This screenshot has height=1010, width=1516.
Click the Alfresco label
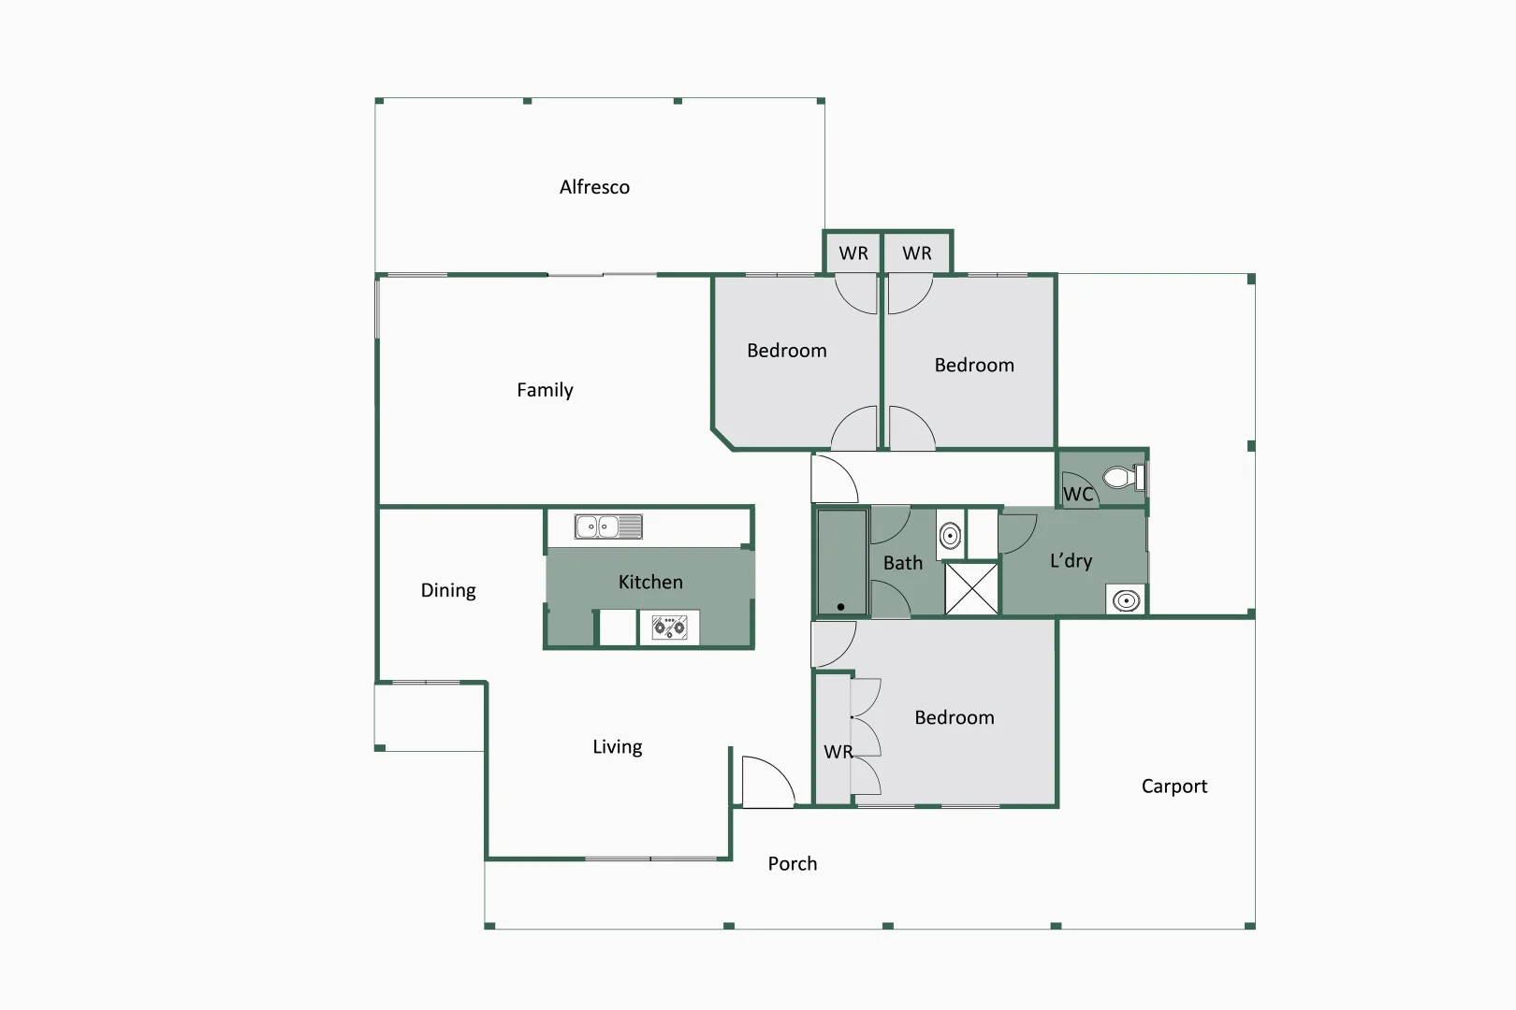tap(594, 187)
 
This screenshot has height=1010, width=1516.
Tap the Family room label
tap(545, 390)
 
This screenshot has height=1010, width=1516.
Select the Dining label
tap(448, 590)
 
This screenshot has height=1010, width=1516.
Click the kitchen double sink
tap(608, 527)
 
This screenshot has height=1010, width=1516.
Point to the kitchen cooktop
tap(669, 627)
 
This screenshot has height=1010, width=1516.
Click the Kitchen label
tap(650, 582)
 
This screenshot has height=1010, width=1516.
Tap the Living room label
tap(617, 746)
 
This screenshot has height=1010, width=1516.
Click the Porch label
tap(792, 863)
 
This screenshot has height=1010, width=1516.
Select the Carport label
tap(1173, 786)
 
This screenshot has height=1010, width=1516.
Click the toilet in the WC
tap(1120, 478)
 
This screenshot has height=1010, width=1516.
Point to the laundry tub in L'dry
tap(1127, 600)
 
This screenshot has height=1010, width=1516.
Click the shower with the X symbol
tap(971, 588)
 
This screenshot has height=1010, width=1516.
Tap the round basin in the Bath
tap(950, 536)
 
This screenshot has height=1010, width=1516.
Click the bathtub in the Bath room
tap(841, 562)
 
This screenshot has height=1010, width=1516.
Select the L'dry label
tap(1071, 561)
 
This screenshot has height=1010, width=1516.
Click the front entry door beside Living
tap(766, 783)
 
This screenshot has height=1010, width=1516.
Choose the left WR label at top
tap(853, 253)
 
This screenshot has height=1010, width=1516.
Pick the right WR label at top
tap(917, 253)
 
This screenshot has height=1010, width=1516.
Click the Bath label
tap(902, 563)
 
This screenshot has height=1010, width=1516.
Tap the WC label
tap(1078, 494)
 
